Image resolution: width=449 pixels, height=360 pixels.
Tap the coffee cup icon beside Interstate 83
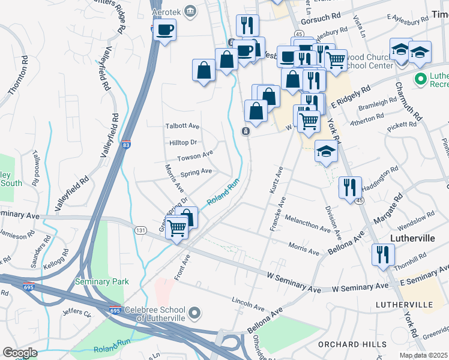point(164,30)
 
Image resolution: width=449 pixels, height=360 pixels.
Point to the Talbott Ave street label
point(182,127)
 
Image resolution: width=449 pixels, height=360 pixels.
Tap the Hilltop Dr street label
point(183,143)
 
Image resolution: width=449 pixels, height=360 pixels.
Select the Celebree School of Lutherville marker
point(194,312)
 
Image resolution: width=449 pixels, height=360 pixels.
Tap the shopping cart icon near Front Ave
point(176,228)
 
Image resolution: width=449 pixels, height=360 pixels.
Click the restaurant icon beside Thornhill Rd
point(382,254)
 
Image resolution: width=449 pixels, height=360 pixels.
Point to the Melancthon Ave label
point(308,224)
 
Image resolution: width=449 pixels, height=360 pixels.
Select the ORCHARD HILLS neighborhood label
point(343,344)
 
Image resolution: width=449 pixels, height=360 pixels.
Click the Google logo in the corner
point(20,352)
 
